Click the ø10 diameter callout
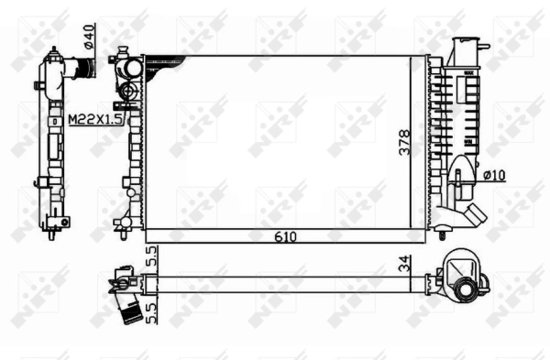496,172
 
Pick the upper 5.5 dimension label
152,256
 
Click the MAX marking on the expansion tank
468,71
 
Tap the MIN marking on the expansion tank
468,142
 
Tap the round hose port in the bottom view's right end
468,290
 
